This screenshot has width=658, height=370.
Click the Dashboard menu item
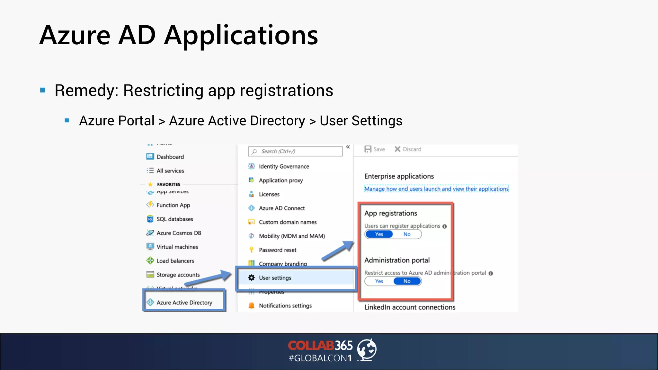pyautogui.click(x=170, y=157)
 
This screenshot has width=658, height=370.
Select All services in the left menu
pyautogui.click(x=170, y=171)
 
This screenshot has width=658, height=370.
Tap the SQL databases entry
pyautogui.click(x=174, y=219)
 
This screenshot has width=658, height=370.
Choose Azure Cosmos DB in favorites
pyautogui.click(x=179, y=233)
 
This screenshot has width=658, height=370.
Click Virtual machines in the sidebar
pyautogui.click(x=177, y=247)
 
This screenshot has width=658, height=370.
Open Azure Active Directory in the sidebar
pyautogui.click(x=184, y=303)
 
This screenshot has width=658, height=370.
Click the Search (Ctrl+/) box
pyautogui.click(x=295, y=151)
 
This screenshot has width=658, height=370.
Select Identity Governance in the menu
pyautogui.click(x=284, y=166)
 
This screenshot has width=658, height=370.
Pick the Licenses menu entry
pyautogui.click(x=269, y=194)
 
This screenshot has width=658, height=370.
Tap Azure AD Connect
pyautogui.click(x=281, y=208)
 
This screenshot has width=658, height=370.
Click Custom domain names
pyautogui.click(x=288, y=222)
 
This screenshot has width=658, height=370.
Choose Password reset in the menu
pyautogui.click(x=277, y=250)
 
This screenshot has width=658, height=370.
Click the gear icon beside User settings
pyautogui.click(x=252, y=277)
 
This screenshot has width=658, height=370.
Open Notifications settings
pyautogui.click(x=285, y=306)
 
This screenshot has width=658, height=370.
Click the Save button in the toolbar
pyautogui.click(x=375, y=149)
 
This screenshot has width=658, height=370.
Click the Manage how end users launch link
pyautogui.click(x=436, y=189)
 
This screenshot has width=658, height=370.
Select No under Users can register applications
pyautogui.click(x=407, y=234)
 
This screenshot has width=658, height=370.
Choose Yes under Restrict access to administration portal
pyautogui.click(x=379, y=281)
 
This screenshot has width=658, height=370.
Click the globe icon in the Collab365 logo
pyautogui.click(x=367, y=349)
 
